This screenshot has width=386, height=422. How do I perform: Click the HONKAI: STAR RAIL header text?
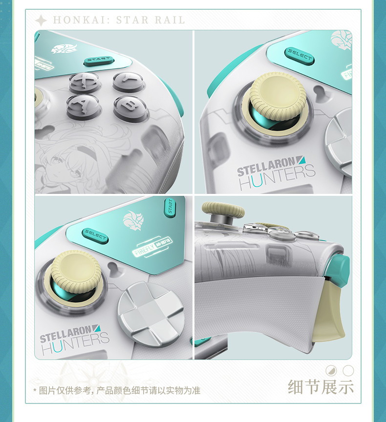click(x=119, y=20)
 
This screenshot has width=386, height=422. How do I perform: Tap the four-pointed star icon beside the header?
click(x=42, y=20)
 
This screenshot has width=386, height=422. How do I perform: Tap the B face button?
click(x=130, y=106)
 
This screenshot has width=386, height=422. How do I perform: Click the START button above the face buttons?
click(x=99, y=61)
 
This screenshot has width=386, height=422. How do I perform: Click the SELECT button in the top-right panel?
click(x=299, y=55)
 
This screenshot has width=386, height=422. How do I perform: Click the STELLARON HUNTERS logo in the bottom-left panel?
click(x=74, y=342)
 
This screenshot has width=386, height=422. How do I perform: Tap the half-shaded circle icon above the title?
click(x=331, y=371)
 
